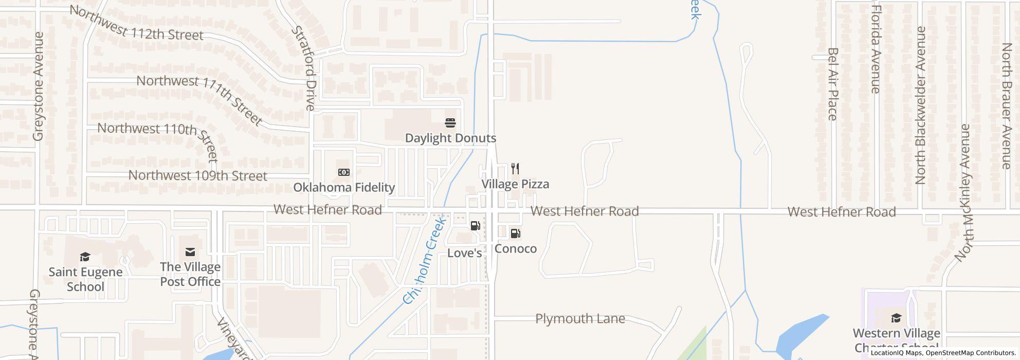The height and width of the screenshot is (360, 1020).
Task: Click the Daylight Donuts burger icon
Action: tap(450, 123)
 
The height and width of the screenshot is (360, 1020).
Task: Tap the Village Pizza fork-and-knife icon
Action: tap(515, 169)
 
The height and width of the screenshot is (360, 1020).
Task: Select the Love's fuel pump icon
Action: tap(475, 226)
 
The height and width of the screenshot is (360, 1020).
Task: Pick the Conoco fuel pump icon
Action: tap(515, 234)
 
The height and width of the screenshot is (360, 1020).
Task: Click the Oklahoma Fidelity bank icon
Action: tap(343, 172)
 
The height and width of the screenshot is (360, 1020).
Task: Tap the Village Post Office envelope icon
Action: tap(190, 252)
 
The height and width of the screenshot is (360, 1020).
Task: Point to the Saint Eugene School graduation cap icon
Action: tap(85, 257)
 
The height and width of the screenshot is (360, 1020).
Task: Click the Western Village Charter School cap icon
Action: tap(896, 318)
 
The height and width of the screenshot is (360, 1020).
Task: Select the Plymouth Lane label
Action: tap(580, 319)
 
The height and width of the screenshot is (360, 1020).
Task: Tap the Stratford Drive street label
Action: tap(303, 68)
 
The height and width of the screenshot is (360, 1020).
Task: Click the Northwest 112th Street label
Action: tap(136, 24)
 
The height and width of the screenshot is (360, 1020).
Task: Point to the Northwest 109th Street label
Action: tap(197, 175)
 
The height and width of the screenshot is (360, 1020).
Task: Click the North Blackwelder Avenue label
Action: tap(920, 105)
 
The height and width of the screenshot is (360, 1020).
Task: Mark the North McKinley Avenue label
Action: tap(963, 192)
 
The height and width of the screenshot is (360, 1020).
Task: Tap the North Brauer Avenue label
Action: tap(1007, 105)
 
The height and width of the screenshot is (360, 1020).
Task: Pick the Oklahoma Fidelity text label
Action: tap(344, 188)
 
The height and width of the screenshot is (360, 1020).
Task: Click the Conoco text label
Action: tap(516, 249)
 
